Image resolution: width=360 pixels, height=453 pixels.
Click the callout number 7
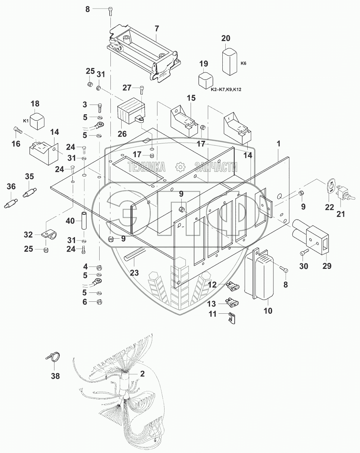click(157, 28)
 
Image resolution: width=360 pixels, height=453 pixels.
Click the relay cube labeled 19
click(204, 80)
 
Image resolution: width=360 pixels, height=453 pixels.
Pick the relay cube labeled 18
click(36, 120)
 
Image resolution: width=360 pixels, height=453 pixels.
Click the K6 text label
click(243, 63)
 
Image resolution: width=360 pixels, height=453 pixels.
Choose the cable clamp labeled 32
click(49, 235)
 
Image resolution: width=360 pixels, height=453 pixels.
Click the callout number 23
click(134, 273)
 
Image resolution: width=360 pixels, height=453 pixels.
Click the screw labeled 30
click(303, 253)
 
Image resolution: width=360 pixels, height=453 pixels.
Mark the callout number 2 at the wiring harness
click(142, 373)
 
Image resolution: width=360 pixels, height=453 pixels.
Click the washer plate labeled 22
click(329, 188)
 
